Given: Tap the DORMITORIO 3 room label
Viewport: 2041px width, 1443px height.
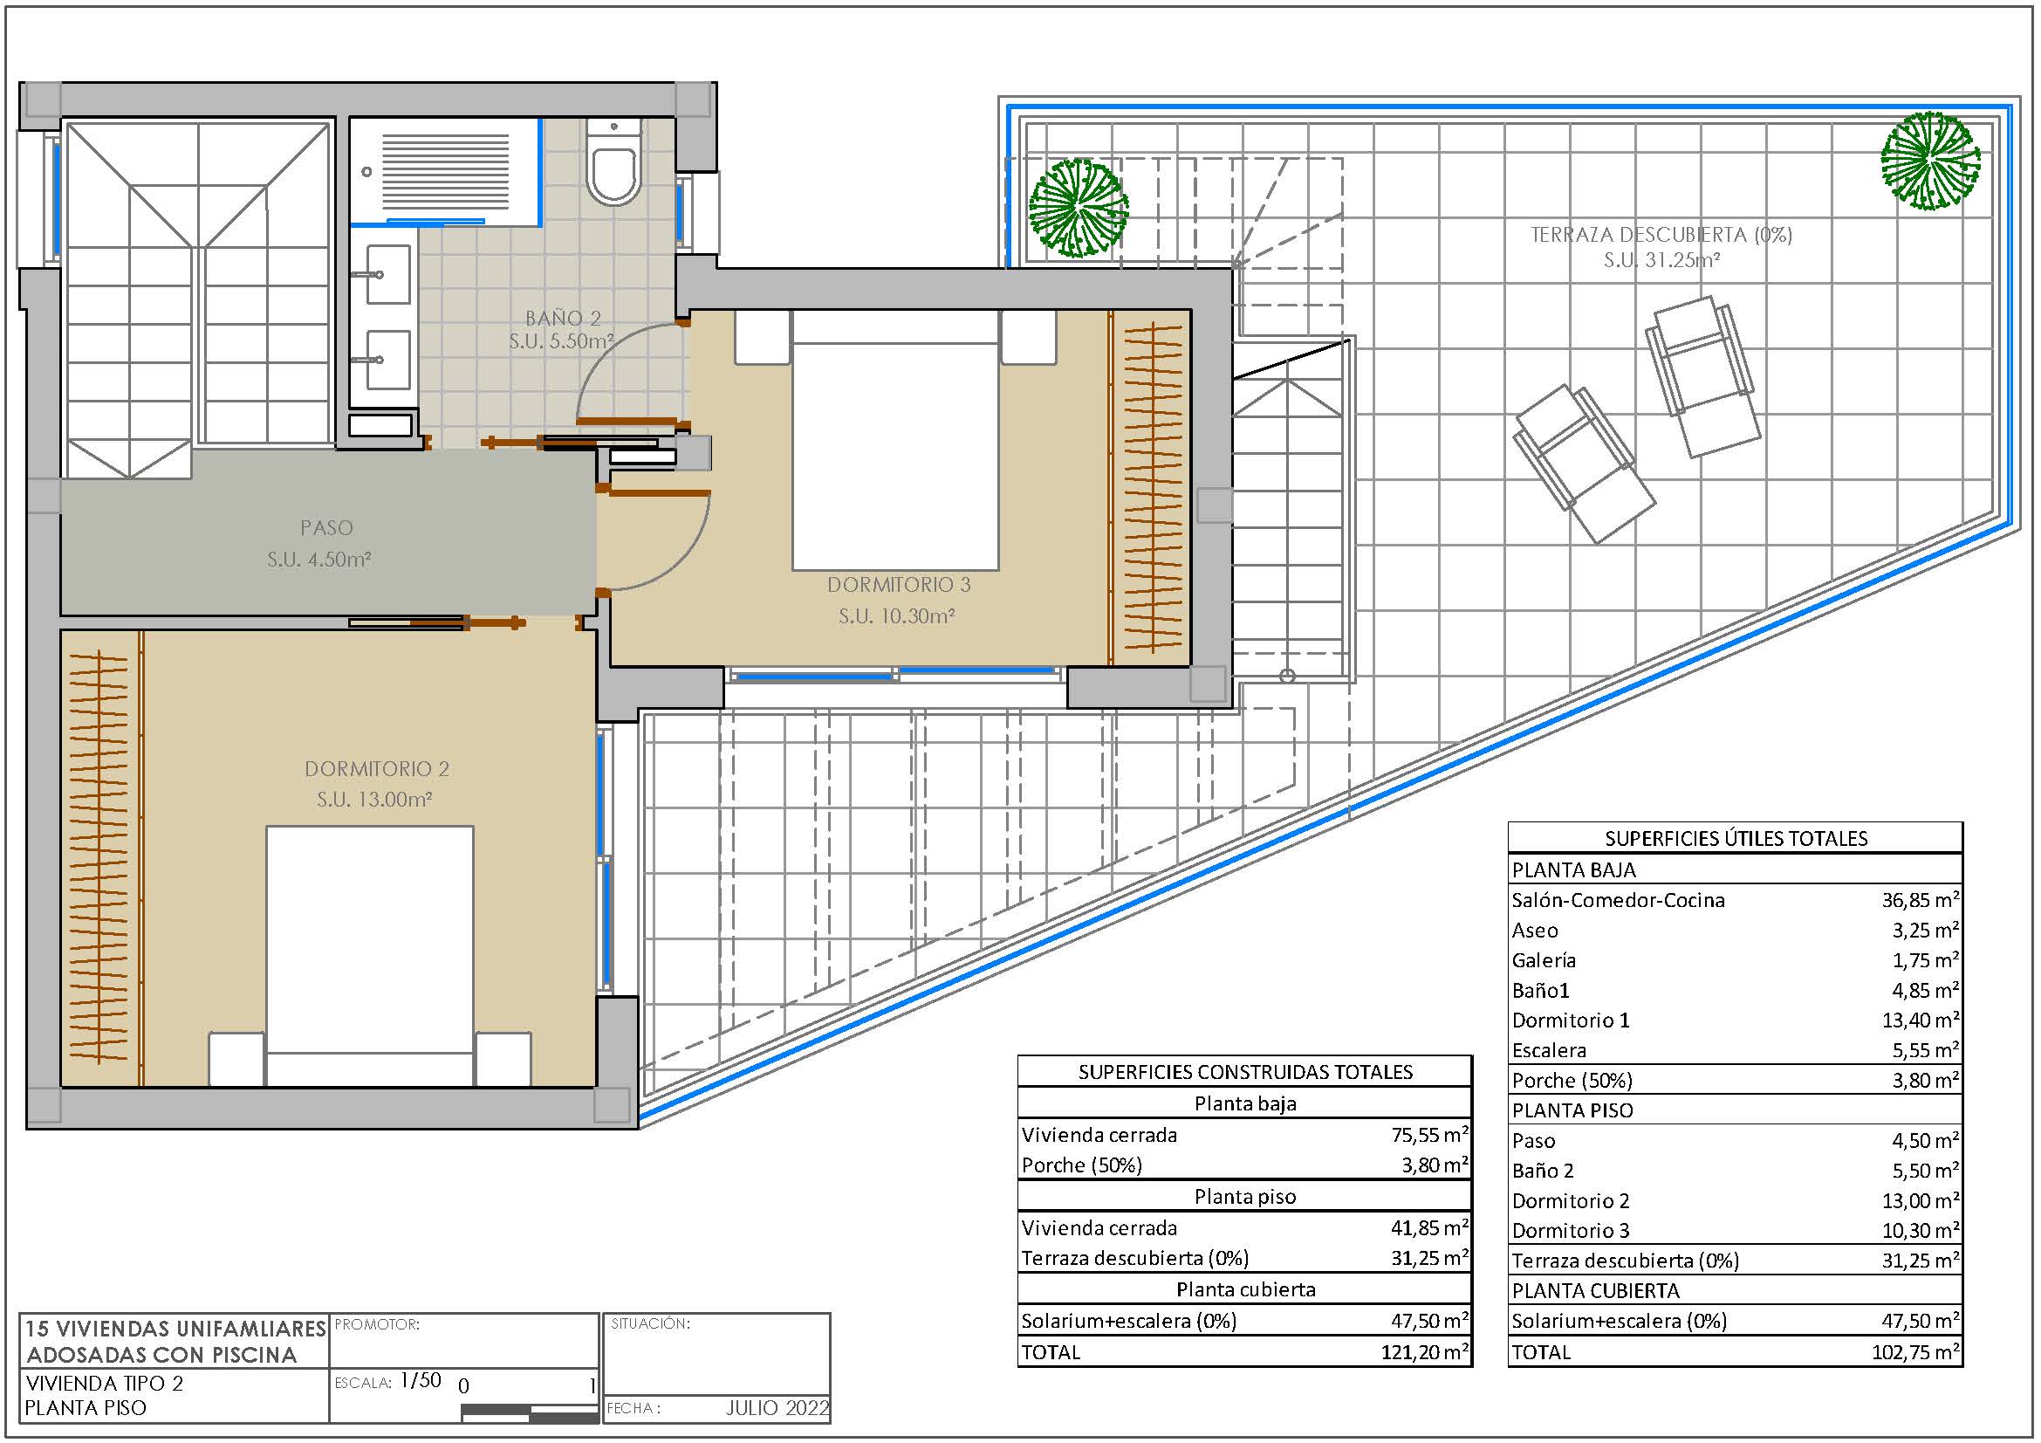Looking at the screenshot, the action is point(899,584).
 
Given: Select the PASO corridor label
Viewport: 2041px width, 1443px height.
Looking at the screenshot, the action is point(326,527).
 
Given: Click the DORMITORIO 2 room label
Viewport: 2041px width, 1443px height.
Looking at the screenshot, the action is point(377,768).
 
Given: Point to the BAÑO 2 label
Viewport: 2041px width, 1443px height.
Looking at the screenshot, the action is point(563,318).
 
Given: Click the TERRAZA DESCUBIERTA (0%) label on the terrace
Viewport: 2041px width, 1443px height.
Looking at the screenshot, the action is point(1661,234).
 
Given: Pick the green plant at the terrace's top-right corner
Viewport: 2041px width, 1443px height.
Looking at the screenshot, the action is point(1930,161).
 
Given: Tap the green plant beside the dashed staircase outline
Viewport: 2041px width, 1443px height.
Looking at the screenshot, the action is point(1078,208).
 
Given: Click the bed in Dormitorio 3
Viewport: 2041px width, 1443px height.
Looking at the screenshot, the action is point(895,440).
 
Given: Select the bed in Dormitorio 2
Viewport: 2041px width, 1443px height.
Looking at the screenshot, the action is point(370,956).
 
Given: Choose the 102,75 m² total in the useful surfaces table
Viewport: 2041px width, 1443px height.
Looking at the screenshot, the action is point(1915,1352).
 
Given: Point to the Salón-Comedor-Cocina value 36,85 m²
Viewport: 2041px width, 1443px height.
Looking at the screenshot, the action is point(1920,900).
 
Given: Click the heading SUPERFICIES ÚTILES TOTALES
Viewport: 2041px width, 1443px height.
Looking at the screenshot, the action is point(1736,838).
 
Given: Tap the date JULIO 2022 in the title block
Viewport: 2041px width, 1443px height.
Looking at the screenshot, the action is point(777,1407).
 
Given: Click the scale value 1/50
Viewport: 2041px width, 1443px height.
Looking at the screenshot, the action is point(421,1380).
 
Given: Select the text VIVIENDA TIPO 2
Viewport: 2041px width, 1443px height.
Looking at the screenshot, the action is point(104,1383).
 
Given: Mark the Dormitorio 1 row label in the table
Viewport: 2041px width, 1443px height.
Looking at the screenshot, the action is point(1571,1020).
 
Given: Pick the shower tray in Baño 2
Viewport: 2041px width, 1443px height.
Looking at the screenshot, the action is point(445,172).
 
